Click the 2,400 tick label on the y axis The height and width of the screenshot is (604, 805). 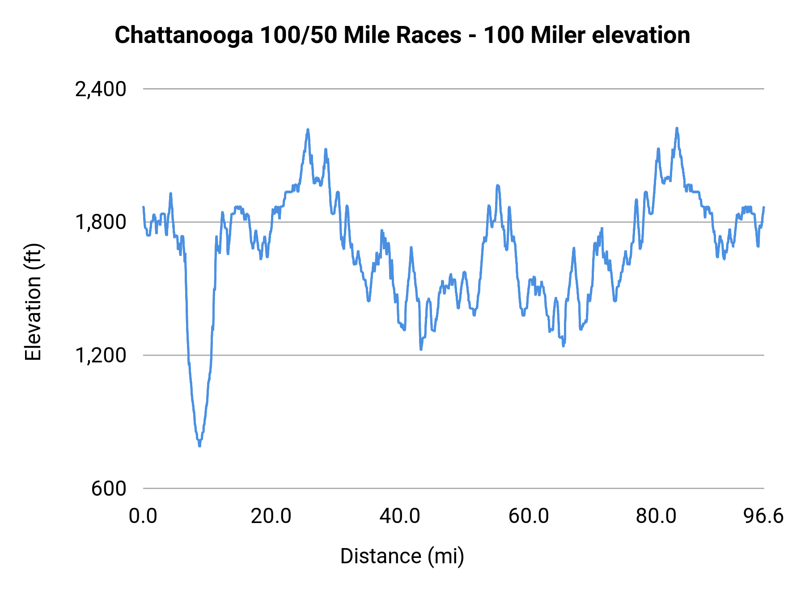pos(101,89)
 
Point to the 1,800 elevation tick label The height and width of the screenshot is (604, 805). pos(101,222)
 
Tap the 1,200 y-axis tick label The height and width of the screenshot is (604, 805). pos(101,356)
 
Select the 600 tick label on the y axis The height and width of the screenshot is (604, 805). pos(109,489)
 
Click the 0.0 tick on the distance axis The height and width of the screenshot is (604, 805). pos(143,516)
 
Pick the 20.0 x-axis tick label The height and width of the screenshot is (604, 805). pos(271,516)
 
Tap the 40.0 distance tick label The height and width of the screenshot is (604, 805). pos(400,516)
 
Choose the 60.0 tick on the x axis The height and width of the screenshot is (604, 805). pos(529,516)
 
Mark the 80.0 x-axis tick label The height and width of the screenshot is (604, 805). pos(657,516)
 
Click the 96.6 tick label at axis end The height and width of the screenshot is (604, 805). pos(764,516)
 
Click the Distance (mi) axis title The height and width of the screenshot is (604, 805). pos(402,556)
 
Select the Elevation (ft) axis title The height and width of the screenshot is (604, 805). pos(33,302)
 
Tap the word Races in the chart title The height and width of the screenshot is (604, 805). pos(432,35)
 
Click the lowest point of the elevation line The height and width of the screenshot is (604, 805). pos(199,446)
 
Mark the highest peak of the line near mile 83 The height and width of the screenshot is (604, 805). pos(677,128)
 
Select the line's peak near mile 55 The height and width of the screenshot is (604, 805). pos(497,185)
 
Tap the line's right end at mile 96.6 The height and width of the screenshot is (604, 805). pos(764,207)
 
